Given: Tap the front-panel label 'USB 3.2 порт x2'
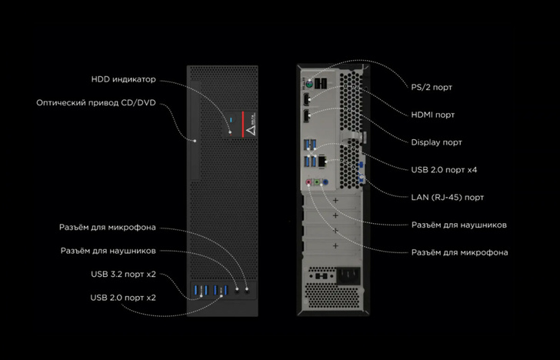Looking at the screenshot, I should (x=123, y=274).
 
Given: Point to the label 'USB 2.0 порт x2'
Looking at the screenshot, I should (x=123, y=297).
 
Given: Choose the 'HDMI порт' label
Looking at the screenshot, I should (x=433, y=115).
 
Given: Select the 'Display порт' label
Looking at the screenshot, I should (x=437, y=142).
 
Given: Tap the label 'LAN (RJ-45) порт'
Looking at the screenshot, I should (x=448, y=198).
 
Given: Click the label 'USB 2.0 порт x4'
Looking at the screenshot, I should (x=447, y=170).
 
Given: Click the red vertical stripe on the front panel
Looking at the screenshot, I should (x=243, y=123).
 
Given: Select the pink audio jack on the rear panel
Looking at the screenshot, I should (x=308, y=183).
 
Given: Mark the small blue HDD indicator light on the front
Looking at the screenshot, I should (x=231, y=122).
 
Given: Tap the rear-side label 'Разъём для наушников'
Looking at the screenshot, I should (x=458, y=225).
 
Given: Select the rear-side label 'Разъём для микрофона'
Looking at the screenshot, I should (x=459, y=252).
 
